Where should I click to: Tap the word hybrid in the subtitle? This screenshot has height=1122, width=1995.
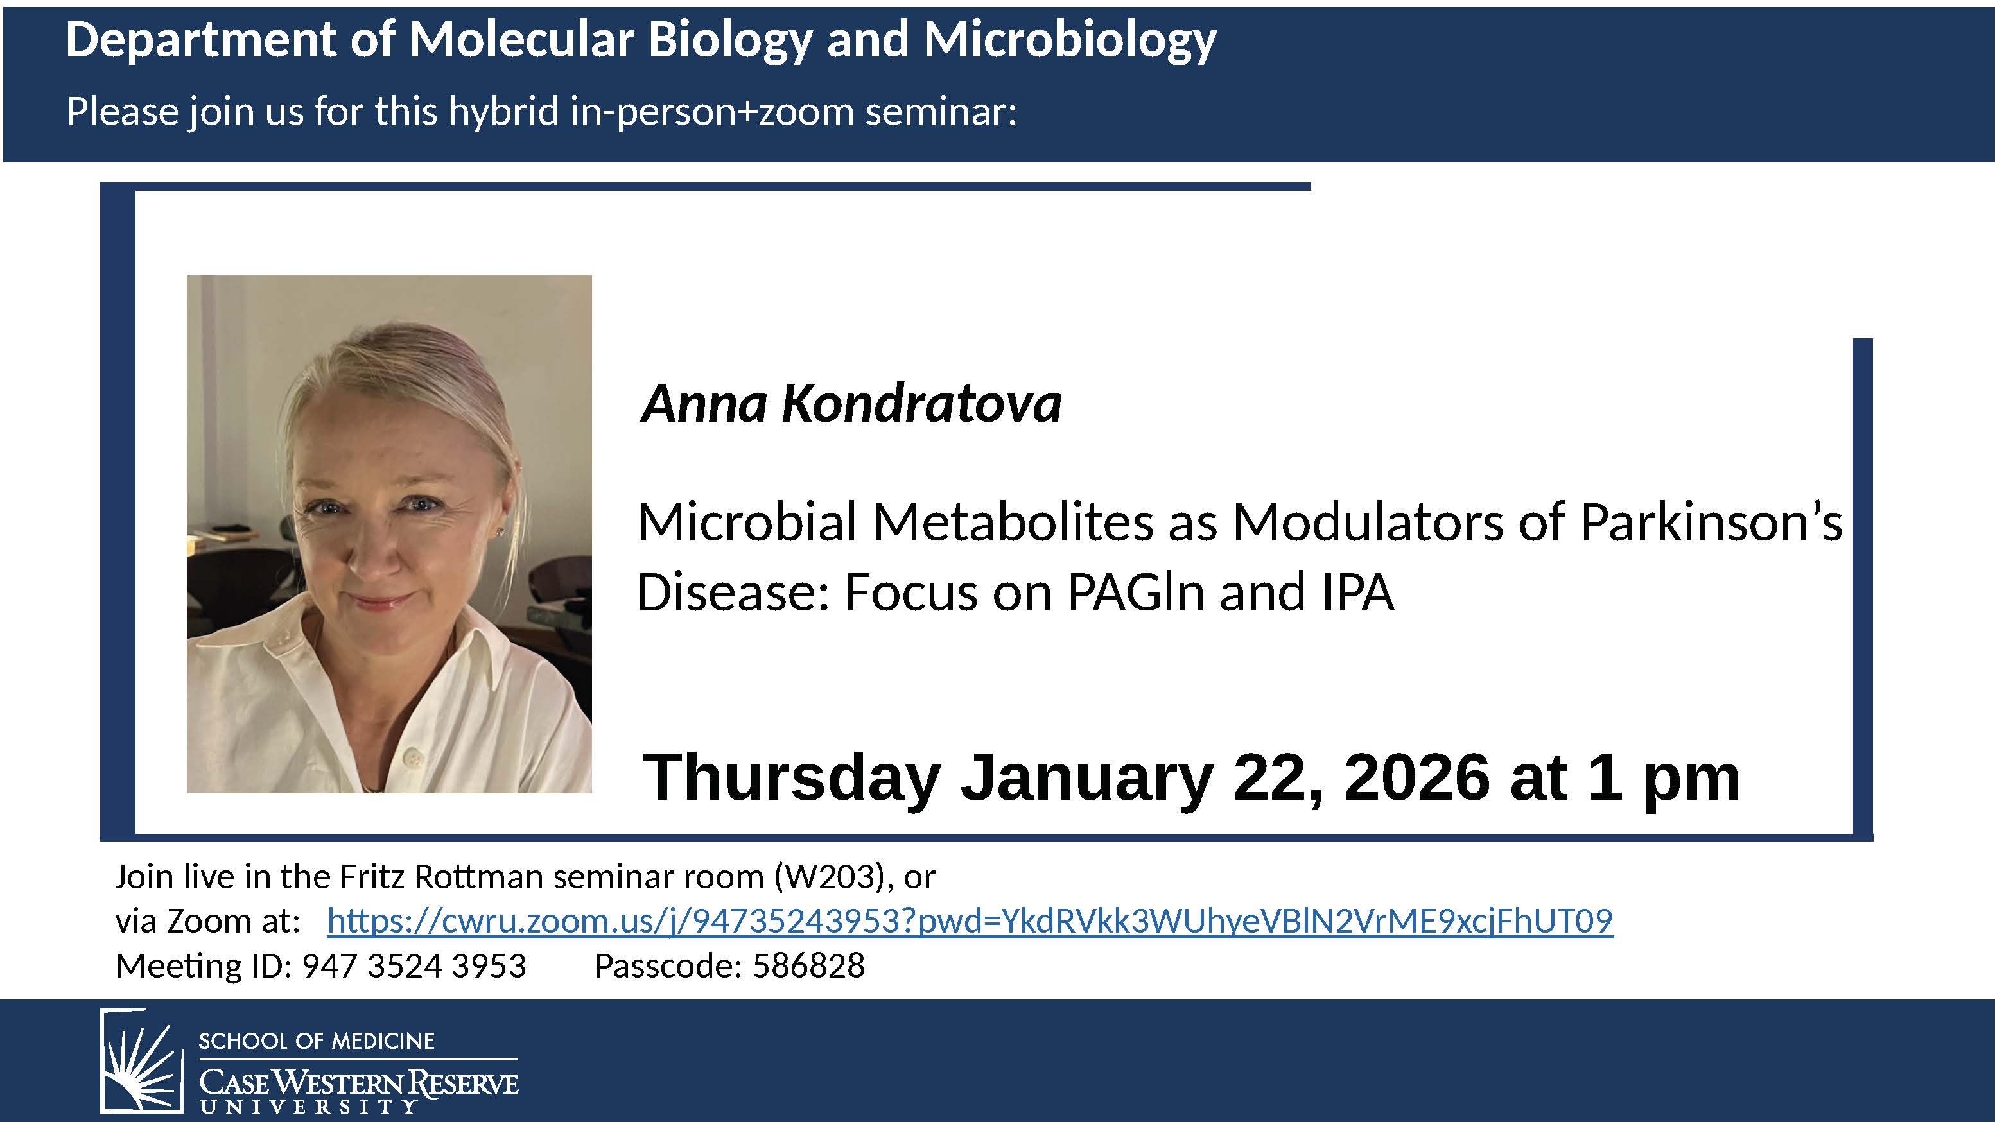503,112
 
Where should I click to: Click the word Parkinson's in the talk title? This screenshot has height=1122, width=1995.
1711,522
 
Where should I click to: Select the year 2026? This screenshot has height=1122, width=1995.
1416,777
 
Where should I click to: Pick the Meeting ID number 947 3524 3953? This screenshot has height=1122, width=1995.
414,965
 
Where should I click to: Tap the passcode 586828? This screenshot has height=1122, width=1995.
808,965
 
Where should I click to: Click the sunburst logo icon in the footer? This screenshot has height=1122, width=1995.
142,1061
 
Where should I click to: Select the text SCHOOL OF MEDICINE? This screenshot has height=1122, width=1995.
317,1040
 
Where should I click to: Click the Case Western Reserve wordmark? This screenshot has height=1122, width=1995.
358,1083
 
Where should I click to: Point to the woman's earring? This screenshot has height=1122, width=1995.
500,532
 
